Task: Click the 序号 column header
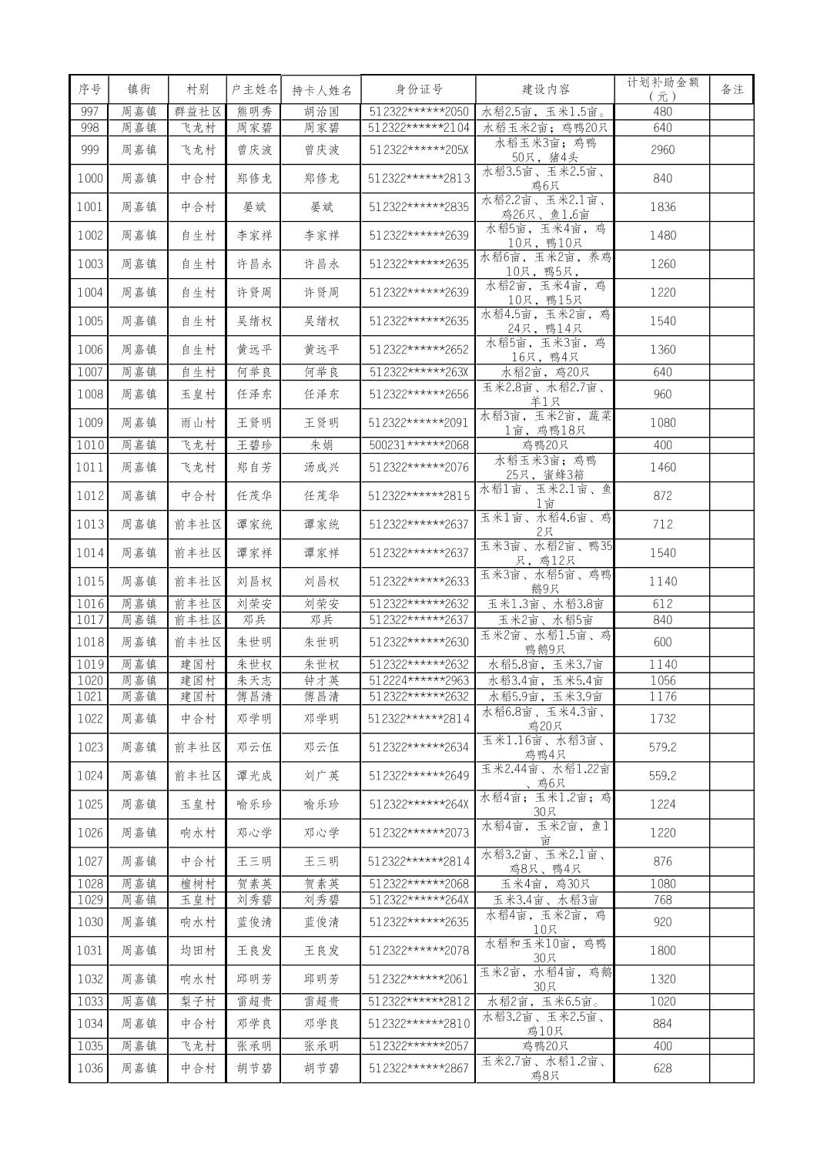pos(89,89)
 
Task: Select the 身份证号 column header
pos(418,89)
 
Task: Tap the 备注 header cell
pos(732,89)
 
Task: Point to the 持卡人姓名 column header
pos(321,89)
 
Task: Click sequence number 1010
pos(89,445)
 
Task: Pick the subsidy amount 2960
pos(662,149)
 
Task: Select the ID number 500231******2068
pos(418,445)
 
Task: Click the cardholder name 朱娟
pos(321,445)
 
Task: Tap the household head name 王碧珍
pos(254,445)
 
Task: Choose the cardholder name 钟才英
pos(321,680)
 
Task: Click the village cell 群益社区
pos(198,112)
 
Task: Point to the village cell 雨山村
pos(198,422)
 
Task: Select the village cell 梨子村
pos(198,1002)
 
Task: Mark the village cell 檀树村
pos(198,884)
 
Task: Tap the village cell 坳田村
pos(198,951)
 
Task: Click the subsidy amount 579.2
pos(662,747)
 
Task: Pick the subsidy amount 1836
pos(662,207)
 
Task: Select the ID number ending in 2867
pos(418,1069)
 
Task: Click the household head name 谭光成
pos(254,776)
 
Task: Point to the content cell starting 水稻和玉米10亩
pos(545,951)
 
